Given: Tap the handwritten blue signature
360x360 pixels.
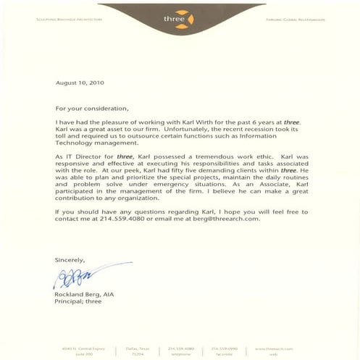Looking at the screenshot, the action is click(72, 277).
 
